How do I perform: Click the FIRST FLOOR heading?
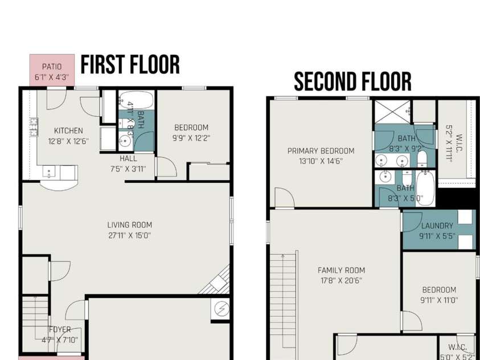pos(130,64)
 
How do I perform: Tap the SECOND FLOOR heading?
pos(352,81)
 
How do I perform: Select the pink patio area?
pos(52,70)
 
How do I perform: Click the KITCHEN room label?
pos(68,130)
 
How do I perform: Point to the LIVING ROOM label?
pos(130,225)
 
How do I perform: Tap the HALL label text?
pos(128,158)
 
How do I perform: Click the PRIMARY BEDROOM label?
pos(321,151)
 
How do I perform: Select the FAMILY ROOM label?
pos(341,271)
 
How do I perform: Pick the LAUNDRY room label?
pos(437,226)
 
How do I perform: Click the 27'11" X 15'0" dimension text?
pos(130,236)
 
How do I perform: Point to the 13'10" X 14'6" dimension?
pos(321,161)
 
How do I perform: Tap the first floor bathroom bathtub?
pos(136,100)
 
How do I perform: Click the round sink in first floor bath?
pos(125,141)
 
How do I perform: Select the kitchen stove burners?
pos(34,127)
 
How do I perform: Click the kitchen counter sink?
pos(49,172)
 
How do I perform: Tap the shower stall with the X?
pos(393,112)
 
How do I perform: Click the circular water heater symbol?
pos(220,309)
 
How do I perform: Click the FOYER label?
pos(60,330)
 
